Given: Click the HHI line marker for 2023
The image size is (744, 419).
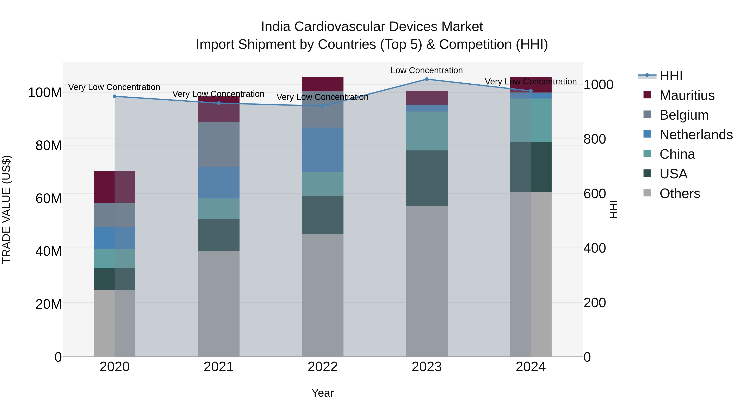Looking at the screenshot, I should (427, 79).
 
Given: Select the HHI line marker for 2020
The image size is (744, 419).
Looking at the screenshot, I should (115, 96).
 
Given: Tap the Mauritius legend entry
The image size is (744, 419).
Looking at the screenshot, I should (687, 95).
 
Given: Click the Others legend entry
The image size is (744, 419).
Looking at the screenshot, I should (680, 193).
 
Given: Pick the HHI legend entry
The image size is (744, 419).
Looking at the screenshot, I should (671, 76).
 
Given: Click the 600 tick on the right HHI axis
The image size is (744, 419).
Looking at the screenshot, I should (594, 194).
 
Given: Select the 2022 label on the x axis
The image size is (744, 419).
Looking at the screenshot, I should (323, 367).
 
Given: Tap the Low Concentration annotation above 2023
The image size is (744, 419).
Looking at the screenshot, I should (427, 70).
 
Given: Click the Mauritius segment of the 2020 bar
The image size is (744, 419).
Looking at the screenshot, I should (115, 187).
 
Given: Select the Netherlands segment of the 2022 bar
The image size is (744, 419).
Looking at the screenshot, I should (323, 150).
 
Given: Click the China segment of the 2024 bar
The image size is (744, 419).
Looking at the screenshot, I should (531, 120).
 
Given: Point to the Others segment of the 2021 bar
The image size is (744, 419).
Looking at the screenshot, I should (219, 304).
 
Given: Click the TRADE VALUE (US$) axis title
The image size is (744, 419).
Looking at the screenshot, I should (6, 209).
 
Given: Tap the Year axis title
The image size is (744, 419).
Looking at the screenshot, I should (323, 393).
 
